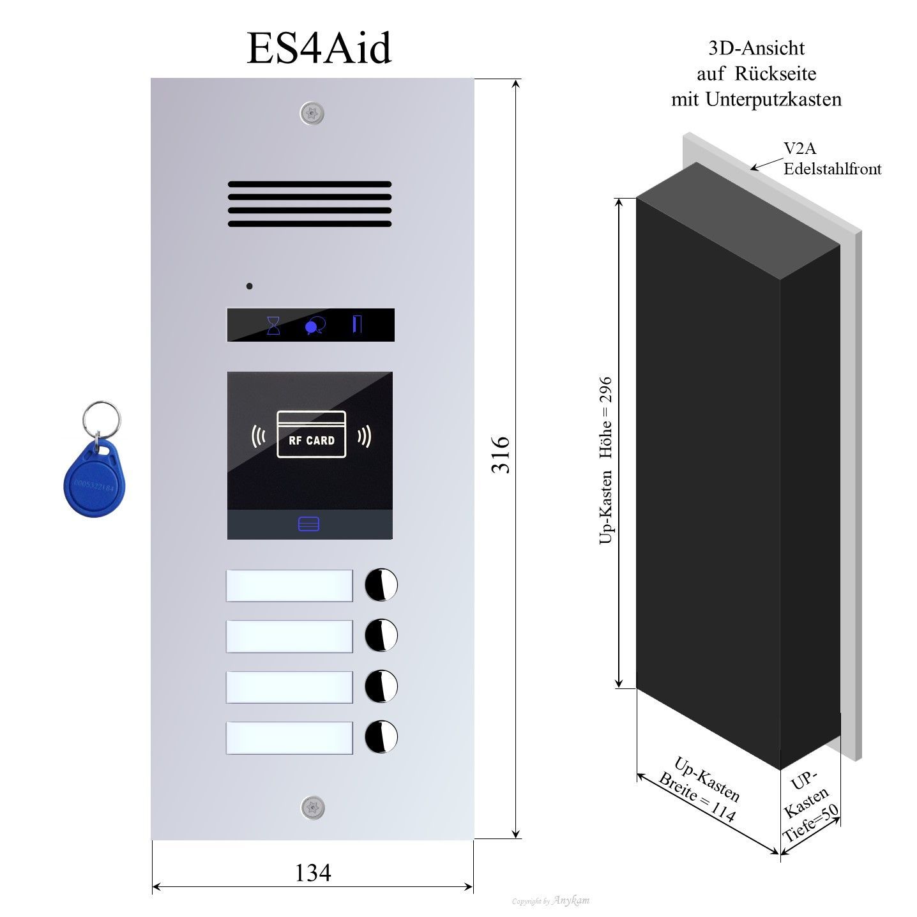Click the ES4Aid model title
[319, 49]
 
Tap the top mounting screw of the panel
[312, 114]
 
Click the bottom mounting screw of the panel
[312, 807]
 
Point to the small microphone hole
[249, 285]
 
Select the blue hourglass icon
[273, 325]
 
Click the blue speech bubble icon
[315, 326]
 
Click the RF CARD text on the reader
[312, 440]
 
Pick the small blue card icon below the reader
[309, 524]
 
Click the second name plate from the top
[289, 636]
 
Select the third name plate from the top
[289, 687]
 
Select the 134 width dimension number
[313, 872]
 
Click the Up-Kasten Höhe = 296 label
[605, 460]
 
